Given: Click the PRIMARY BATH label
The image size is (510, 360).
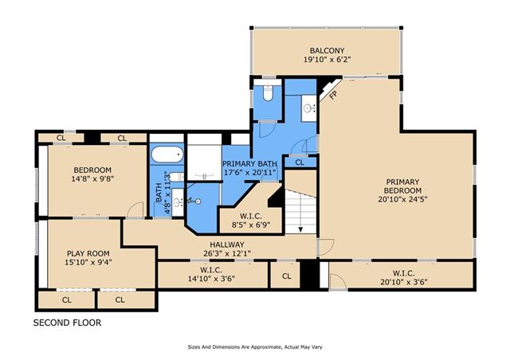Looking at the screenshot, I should [249, 163].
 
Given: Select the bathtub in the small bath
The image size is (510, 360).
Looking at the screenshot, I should [167, 154].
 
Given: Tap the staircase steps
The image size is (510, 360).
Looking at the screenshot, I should [301, 209].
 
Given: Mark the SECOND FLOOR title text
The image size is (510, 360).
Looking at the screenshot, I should [67, 323].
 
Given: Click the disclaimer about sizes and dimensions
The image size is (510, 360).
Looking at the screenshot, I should [254, 347].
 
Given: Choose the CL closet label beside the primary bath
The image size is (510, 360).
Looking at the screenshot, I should [300, 162].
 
